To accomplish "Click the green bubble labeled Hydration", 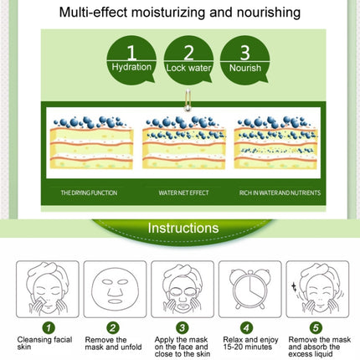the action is (x=131, y=60).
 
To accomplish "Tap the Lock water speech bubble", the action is (x=188, y=60).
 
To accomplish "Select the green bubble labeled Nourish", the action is (x=245, y=60).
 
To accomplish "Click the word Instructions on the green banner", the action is (x=183, y=228).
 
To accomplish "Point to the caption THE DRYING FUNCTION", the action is (x=89, y=193).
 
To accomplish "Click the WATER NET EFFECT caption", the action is (x=183, y=193).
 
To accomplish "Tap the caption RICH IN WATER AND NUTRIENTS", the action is (x=280, y=193).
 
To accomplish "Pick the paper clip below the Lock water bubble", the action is (x=188, y=100).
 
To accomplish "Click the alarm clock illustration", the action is (x=250, y=289).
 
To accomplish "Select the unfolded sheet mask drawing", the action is (x=115, y=291).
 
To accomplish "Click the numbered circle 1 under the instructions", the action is (x=49, y=327).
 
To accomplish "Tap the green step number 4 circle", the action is (x=247, y=327).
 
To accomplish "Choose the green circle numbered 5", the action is (x=316, y=327).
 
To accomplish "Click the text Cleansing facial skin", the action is (x=44, y=343).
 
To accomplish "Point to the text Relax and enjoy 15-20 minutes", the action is (x=250, y=343).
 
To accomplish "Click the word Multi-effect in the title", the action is (x=93, y=13).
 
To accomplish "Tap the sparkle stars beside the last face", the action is (x=294, y=286).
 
